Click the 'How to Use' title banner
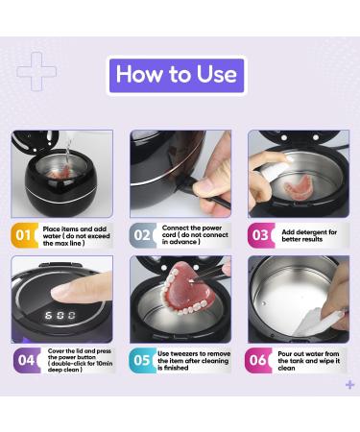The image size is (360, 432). click(177, 76)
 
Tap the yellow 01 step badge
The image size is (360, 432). click(24, 235)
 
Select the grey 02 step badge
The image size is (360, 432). click(143, 235)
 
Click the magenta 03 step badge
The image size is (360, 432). click(261, 235)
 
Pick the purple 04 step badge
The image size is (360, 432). click(27, 361)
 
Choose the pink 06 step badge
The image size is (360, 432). click(258, 361)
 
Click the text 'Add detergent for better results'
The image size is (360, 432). click(309, 236)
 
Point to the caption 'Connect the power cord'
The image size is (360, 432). click(192, 231)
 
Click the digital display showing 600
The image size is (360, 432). click(60, 315)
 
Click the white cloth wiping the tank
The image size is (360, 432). click(317, 320)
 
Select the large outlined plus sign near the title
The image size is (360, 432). click(36, 71)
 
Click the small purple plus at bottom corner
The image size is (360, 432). click(350, 384)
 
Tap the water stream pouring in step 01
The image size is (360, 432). click(68, 154)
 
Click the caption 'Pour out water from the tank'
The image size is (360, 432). click(308, 357)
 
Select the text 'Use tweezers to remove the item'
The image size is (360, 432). click(194, 357)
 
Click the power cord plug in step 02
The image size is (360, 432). click(187, 184)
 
